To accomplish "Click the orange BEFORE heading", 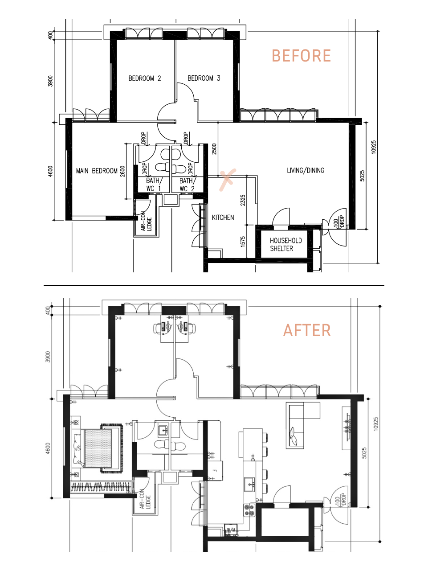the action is (301, 56).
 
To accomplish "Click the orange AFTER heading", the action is (307, 330).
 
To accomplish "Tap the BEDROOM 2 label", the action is (145, 78).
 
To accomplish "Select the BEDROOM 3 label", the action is (204, 78).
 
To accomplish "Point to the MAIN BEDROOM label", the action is (97, 171).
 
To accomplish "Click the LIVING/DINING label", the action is (306, 170).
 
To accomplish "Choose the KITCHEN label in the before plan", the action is (223, 218).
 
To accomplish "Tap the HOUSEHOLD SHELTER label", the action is (286, 245).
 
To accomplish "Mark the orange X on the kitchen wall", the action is (228, 180).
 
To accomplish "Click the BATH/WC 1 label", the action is (154, 185).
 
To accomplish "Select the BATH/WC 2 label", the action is (188, 185).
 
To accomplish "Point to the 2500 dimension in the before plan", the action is (214, 149).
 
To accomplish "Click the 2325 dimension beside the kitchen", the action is (243, 200).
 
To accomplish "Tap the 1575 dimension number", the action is (243, 242).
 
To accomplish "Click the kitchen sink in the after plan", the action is (249, 485).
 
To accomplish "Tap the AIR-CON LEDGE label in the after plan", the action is (145, 499).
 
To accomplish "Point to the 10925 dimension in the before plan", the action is (373, 147).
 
